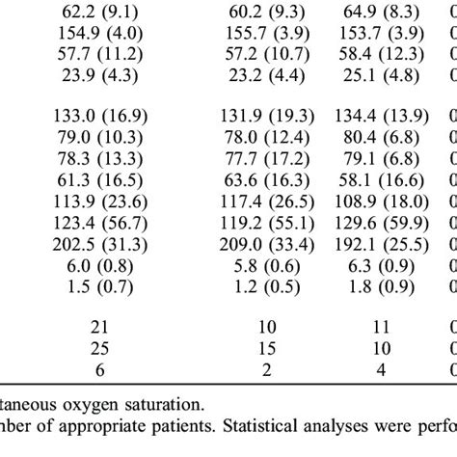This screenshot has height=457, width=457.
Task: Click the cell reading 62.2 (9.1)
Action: (x=100, y=13)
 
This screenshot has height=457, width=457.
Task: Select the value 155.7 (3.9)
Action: (x=267, y=34)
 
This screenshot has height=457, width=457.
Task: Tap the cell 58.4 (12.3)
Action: (x=382, y=54)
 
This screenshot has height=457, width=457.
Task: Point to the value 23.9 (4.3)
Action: (x=100, y=75)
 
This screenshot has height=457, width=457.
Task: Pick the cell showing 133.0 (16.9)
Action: (x=100, y=116)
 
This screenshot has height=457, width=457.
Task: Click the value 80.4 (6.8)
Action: (x=382, y=138)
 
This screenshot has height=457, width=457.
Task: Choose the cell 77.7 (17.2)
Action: (x=267, y=159)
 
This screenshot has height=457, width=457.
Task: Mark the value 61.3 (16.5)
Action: (x=100, y=180)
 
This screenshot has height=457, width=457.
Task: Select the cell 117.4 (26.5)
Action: (x=267, y=202)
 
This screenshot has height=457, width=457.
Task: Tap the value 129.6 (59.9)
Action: (x=382, y=223)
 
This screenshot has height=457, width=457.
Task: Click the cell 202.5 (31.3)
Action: (x=100, y=245)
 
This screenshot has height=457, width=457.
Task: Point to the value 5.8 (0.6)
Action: (x=267, y=266)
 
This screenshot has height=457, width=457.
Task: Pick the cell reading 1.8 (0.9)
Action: (x=382, y=287)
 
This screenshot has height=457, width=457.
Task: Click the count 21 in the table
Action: (x=99, y=327)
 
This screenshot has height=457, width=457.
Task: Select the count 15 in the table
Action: (x=267, y=348)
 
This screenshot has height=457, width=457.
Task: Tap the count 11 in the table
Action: (x=381, y=327)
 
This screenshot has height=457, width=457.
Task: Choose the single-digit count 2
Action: (x=267, y=370)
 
